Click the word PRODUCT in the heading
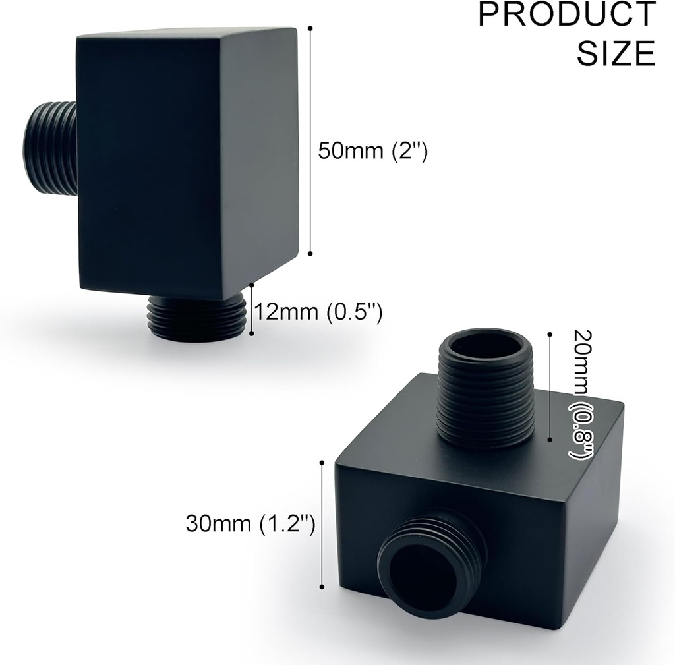[x=567, y=14]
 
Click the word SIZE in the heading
[x=616, y=53]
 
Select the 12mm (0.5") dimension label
[x=319, y=310]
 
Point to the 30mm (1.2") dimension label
[x=250, y=524]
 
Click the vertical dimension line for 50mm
[x=310, y=141]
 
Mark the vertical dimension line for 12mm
[x=251, y=310]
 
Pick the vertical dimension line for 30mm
[x=322, y=525]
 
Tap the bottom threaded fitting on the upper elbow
[x=196, y=318]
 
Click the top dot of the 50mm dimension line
[x=310, y=28]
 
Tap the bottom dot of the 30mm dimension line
[x=322, y=587]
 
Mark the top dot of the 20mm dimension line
[x=550, y=334]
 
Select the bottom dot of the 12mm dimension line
[x=251, y=333]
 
